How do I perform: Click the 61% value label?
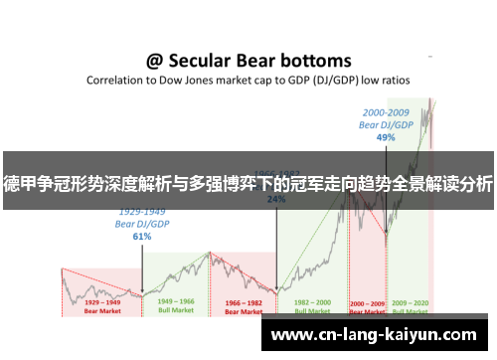[141, 237]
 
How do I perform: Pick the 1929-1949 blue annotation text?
[141, 212]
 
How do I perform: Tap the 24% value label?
[276, 198]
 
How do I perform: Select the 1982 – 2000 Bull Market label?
[311, 305]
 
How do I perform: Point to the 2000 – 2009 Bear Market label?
[367, 305]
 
